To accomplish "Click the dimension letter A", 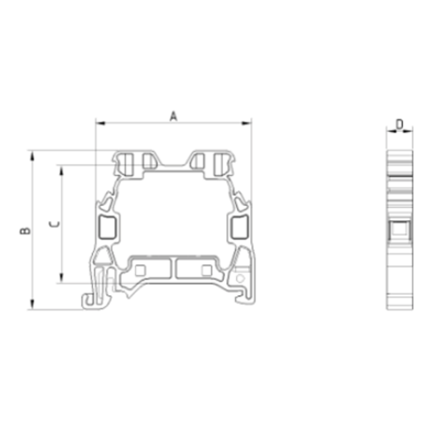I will click(x=173, y=115).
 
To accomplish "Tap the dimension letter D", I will click(x=400, y=125).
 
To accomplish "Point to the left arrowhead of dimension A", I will click(x=98, y=123).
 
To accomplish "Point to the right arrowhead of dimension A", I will click(x=248, y=123).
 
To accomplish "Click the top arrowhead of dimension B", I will click(x=34, y=154).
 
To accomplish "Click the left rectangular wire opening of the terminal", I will click(x=107, y=227).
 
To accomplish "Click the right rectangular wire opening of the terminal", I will click(x=239, y=227).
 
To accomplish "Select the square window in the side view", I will click(x=400, y=233).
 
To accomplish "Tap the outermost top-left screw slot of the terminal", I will click(x=125, y=162).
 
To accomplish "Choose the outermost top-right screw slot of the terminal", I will click(x=222, y=162).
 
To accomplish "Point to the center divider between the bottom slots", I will click(x=173, y=269).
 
